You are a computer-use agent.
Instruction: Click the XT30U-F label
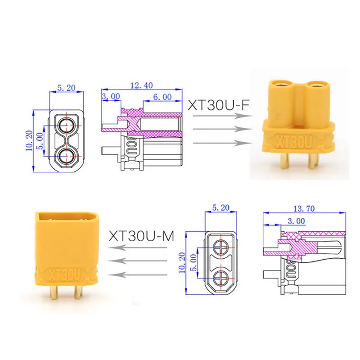click(x=219, y=105)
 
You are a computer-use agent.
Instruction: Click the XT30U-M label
click(x=141, y=236)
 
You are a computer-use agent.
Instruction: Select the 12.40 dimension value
click(x=141, y=85)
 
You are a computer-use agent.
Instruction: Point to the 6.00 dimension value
click(x=162, y=97)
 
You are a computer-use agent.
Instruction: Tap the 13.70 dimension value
click(x=304, y=209)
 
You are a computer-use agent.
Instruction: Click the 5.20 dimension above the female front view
click(x=66, y=88)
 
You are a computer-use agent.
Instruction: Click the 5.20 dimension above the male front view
click(x=220, y=208)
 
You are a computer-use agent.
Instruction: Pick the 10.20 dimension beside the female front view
click(x=29, y=141)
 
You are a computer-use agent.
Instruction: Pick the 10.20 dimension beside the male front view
click(x=182, y=263)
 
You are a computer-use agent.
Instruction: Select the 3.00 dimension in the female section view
click(x=111, y=96)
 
